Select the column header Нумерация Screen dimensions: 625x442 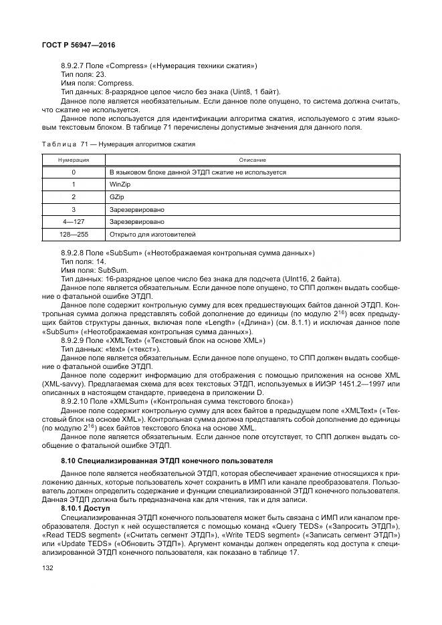73,160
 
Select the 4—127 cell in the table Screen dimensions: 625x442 73,221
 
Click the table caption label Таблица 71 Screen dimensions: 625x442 64,144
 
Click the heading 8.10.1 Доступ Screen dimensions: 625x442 85,509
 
